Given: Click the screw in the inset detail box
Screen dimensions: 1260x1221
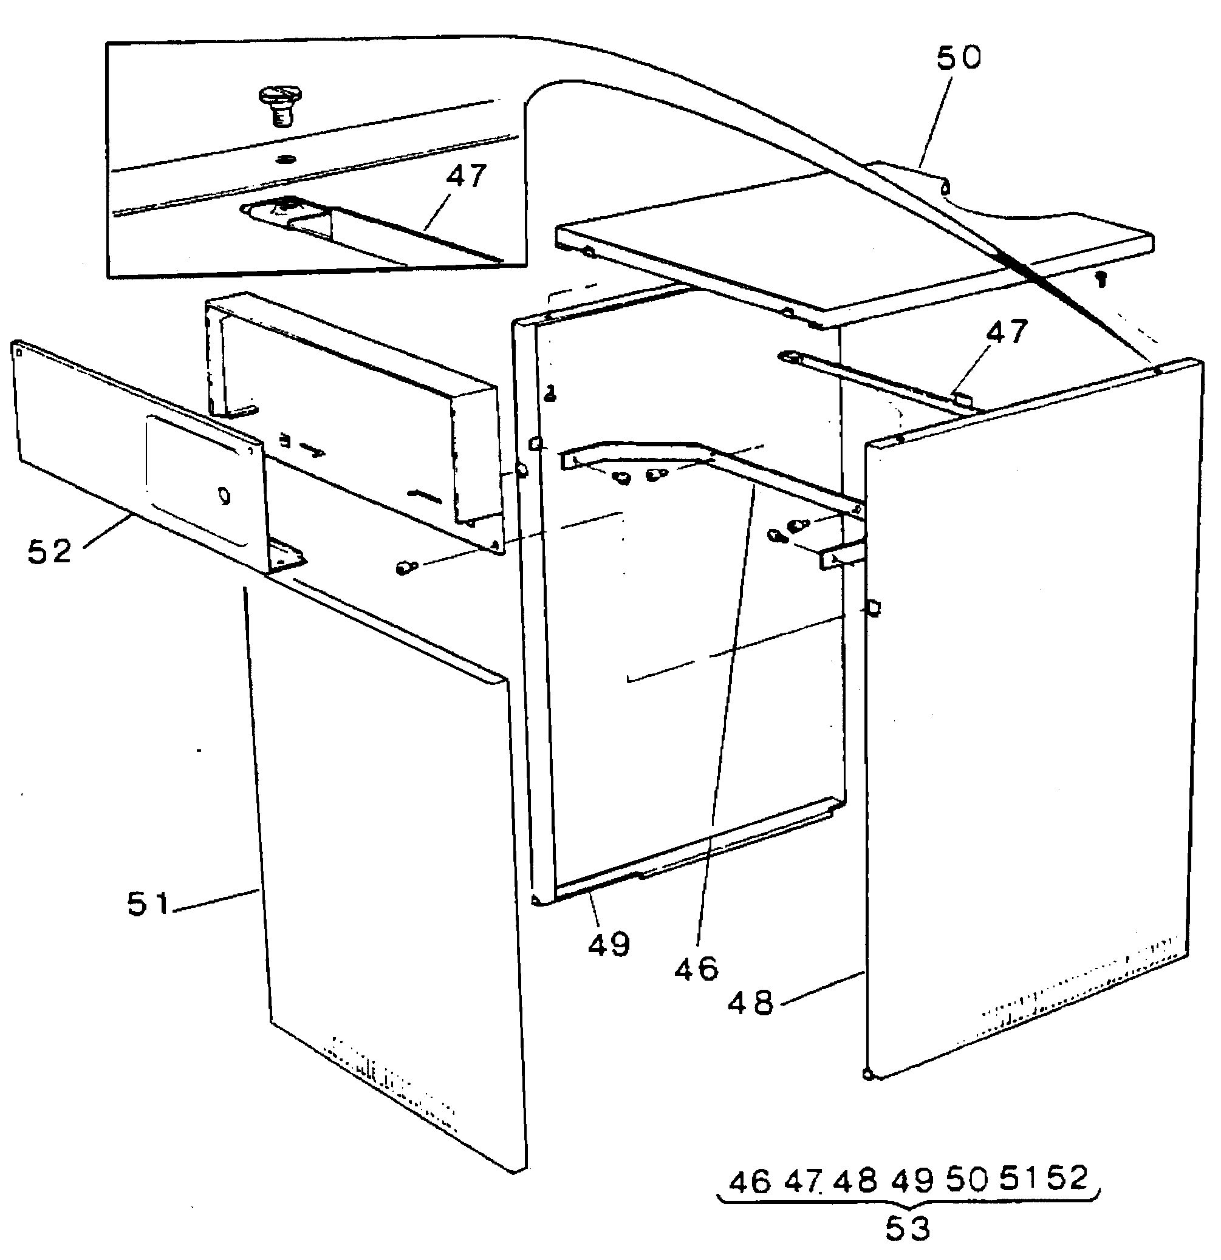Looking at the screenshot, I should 278,107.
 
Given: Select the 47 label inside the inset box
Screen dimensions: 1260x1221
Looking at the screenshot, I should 466,176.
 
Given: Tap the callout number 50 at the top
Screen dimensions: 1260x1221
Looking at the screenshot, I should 958,58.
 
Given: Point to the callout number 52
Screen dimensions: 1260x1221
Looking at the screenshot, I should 50,551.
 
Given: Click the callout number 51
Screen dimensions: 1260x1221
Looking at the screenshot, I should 148,905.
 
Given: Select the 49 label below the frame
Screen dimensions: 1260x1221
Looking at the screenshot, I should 608,944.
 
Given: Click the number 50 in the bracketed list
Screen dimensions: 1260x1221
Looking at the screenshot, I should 967,1180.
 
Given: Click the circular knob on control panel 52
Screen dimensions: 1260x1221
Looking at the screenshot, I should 224,496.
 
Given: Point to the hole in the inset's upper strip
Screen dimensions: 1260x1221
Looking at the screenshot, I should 284,158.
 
